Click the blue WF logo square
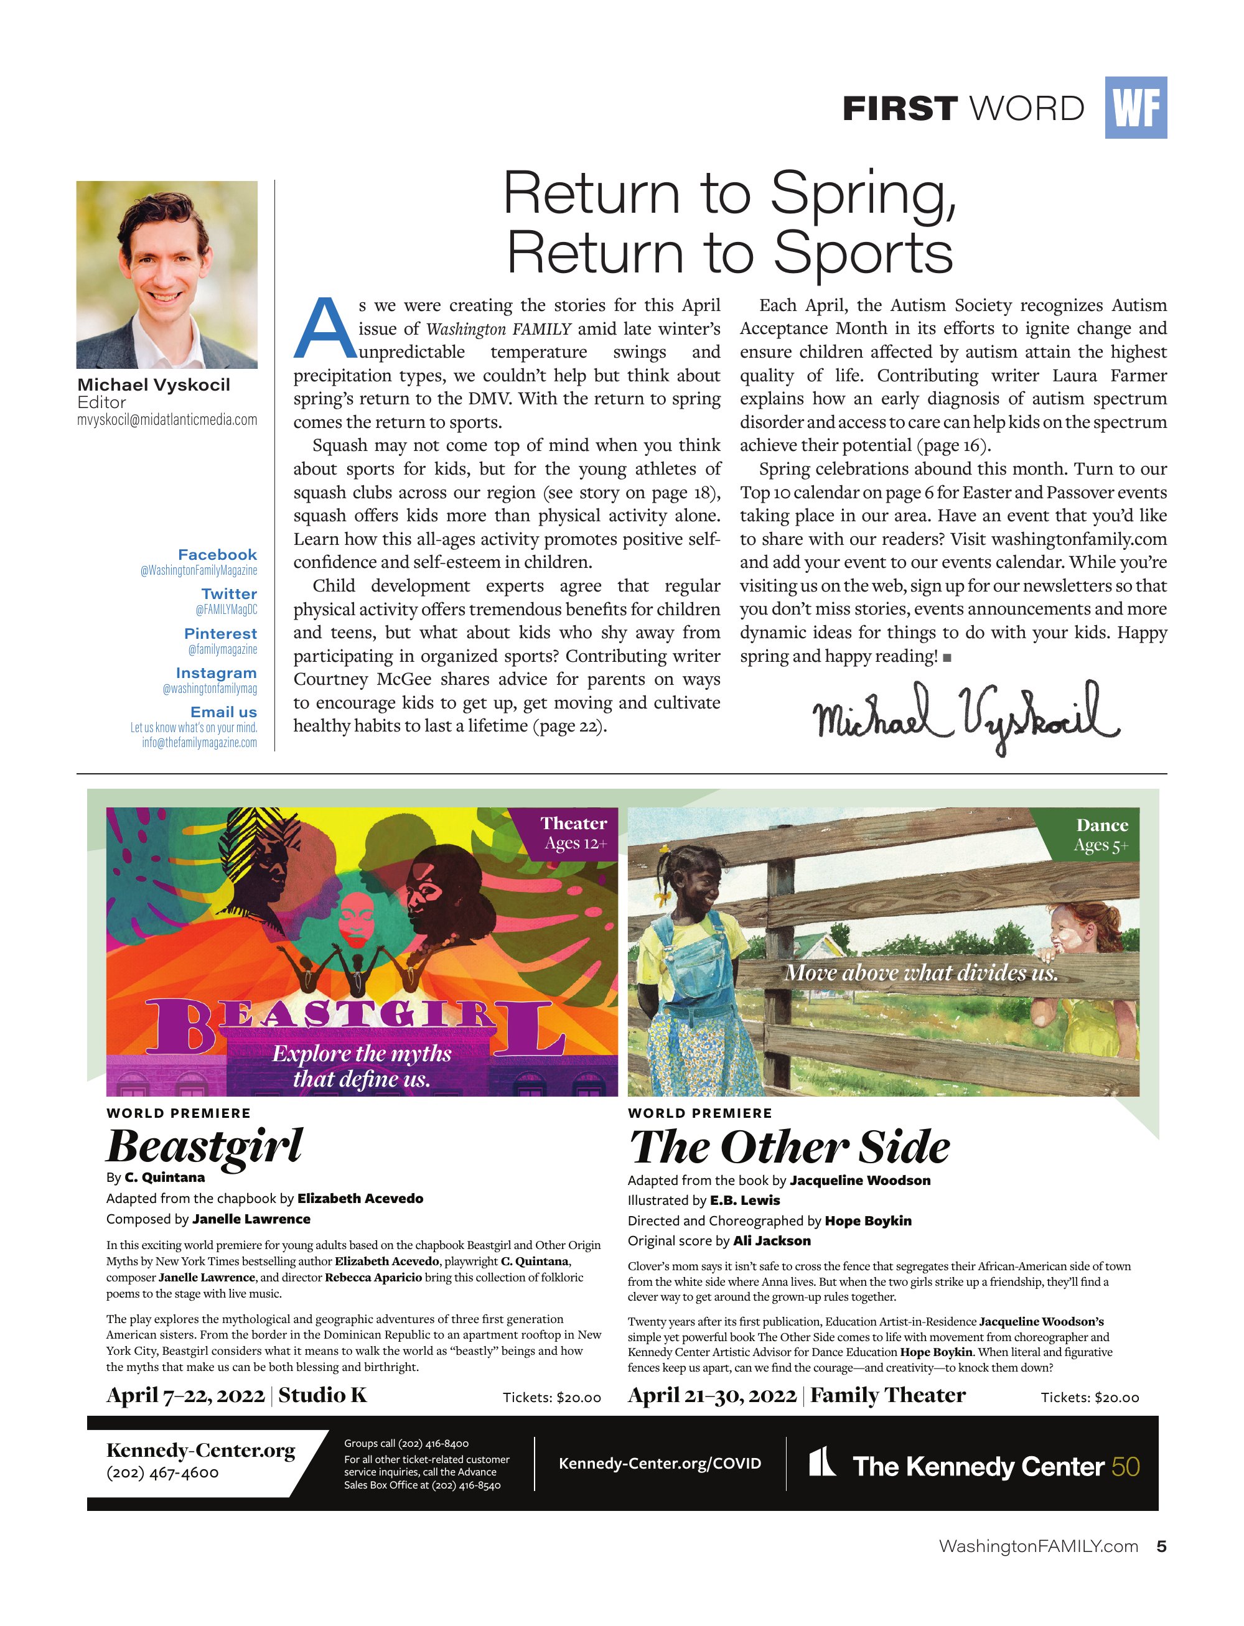pyautogui.click(x=1135, y=108)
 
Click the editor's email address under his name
pyautogui.click(x=167, y=420)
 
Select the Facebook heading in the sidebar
pyautogui.click(x=217, y=554)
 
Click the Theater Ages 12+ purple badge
pyautogui.click(x=574, y=834)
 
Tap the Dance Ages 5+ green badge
pyautogui.click(x=1101, y=835)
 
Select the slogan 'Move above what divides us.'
pyautogui.click(x=921, y=972)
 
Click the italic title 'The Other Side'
pyautogui.click(x=788, y=1147)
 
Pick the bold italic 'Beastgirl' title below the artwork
pyautogui.click(x=204, y=1146)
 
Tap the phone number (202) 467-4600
pyautogui.click(x=163, y=1473)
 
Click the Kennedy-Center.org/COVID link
pyautogui.click(x=660, y=1463)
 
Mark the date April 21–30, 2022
pyautogui.click(x=711, y=1395)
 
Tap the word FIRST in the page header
pyautogui.click(x=900, y=109)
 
